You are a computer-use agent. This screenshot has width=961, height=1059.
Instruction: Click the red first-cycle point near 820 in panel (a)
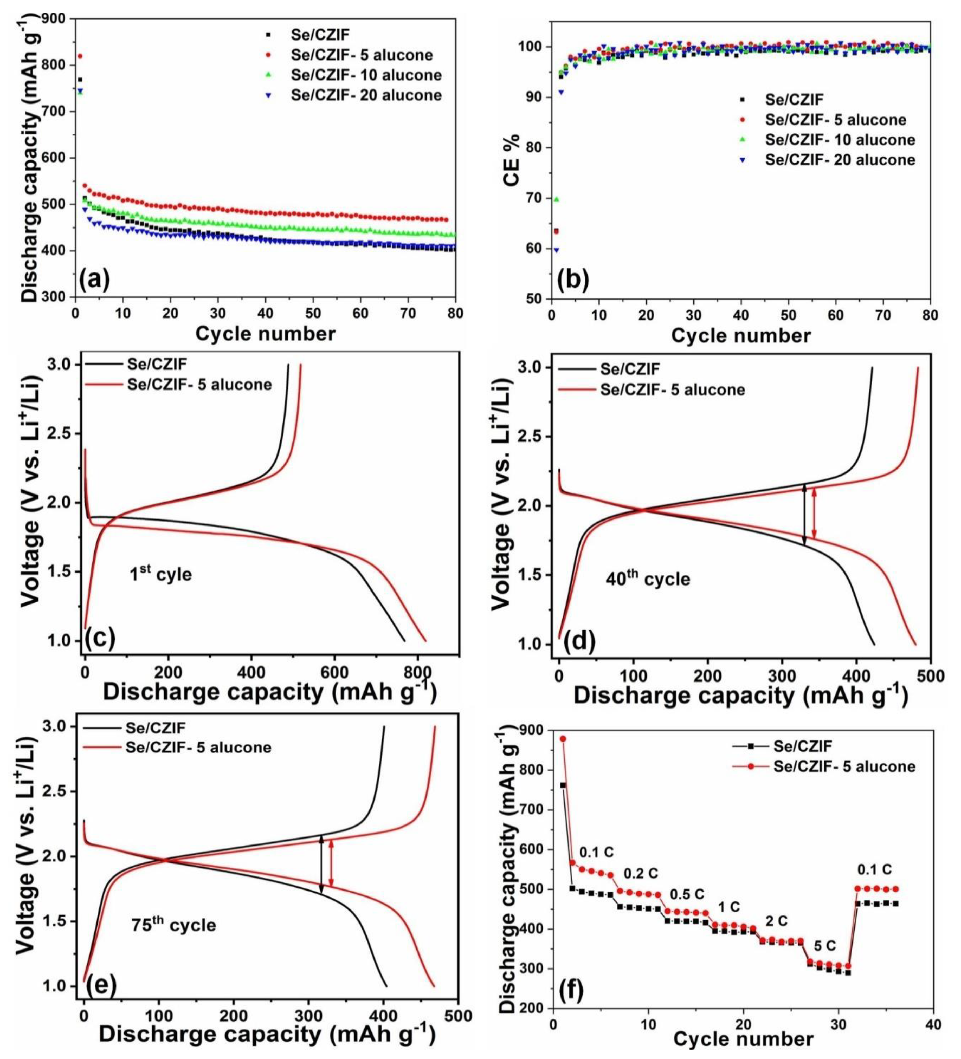click(80, 56)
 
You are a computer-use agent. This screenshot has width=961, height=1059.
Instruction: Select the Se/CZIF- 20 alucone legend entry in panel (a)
click(355, 95)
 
